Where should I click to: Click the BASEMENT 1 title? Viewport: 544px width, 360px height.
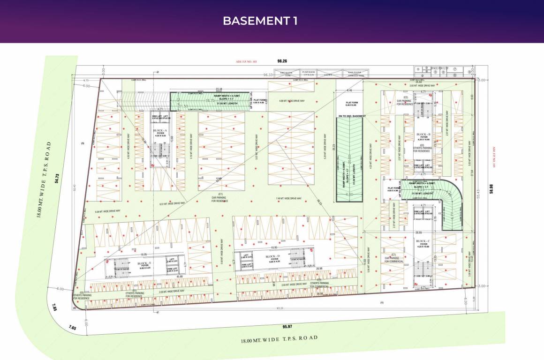[260, 21]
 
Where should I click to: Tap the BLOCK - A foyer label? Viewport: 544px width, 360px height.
[160, 132]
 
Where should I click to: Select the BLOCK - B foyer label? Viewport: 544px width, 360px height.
[423, 136]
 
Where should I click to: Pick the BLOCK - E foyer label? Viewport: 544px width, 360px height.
[144, 265]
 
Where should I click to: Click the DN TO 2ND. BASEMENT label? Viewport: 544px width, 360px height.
[349, 115]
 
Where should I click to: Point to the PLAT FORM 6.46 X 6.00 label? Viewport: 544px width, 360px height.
[349, 104]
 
